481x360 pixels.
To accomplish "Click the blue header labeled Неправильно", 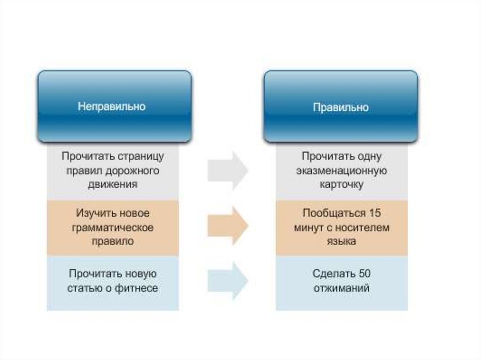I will pyautogui.click(x=114, y=107).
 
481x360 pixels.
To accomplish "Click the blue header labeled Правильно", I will pyautogui.click(x=341, y=107).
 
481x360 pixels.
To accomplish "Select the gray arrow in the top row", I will pyautogui.click(x=228, y=170).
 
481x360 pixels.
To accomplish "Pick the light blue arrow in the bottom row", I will pyautogui.click(x=228, y=281).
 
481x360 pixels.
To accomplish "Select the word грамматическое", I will pyautogui.click(x=113, y=228).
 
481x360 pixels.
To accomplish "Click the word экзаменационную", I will pyautogui.click(x=341, y=170).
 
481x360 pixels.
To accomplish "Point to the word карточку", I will pyautogui.click(x=341, y=184).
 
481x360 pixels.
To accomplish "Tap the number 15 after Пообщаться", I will pyautogui.click(x=374, y=214).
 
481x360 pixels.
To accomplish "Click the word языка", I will pyautogui.click(x=341, y=242).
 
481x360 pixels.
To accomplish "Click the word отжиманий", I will pyautogui.click(x=341, y=288).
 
